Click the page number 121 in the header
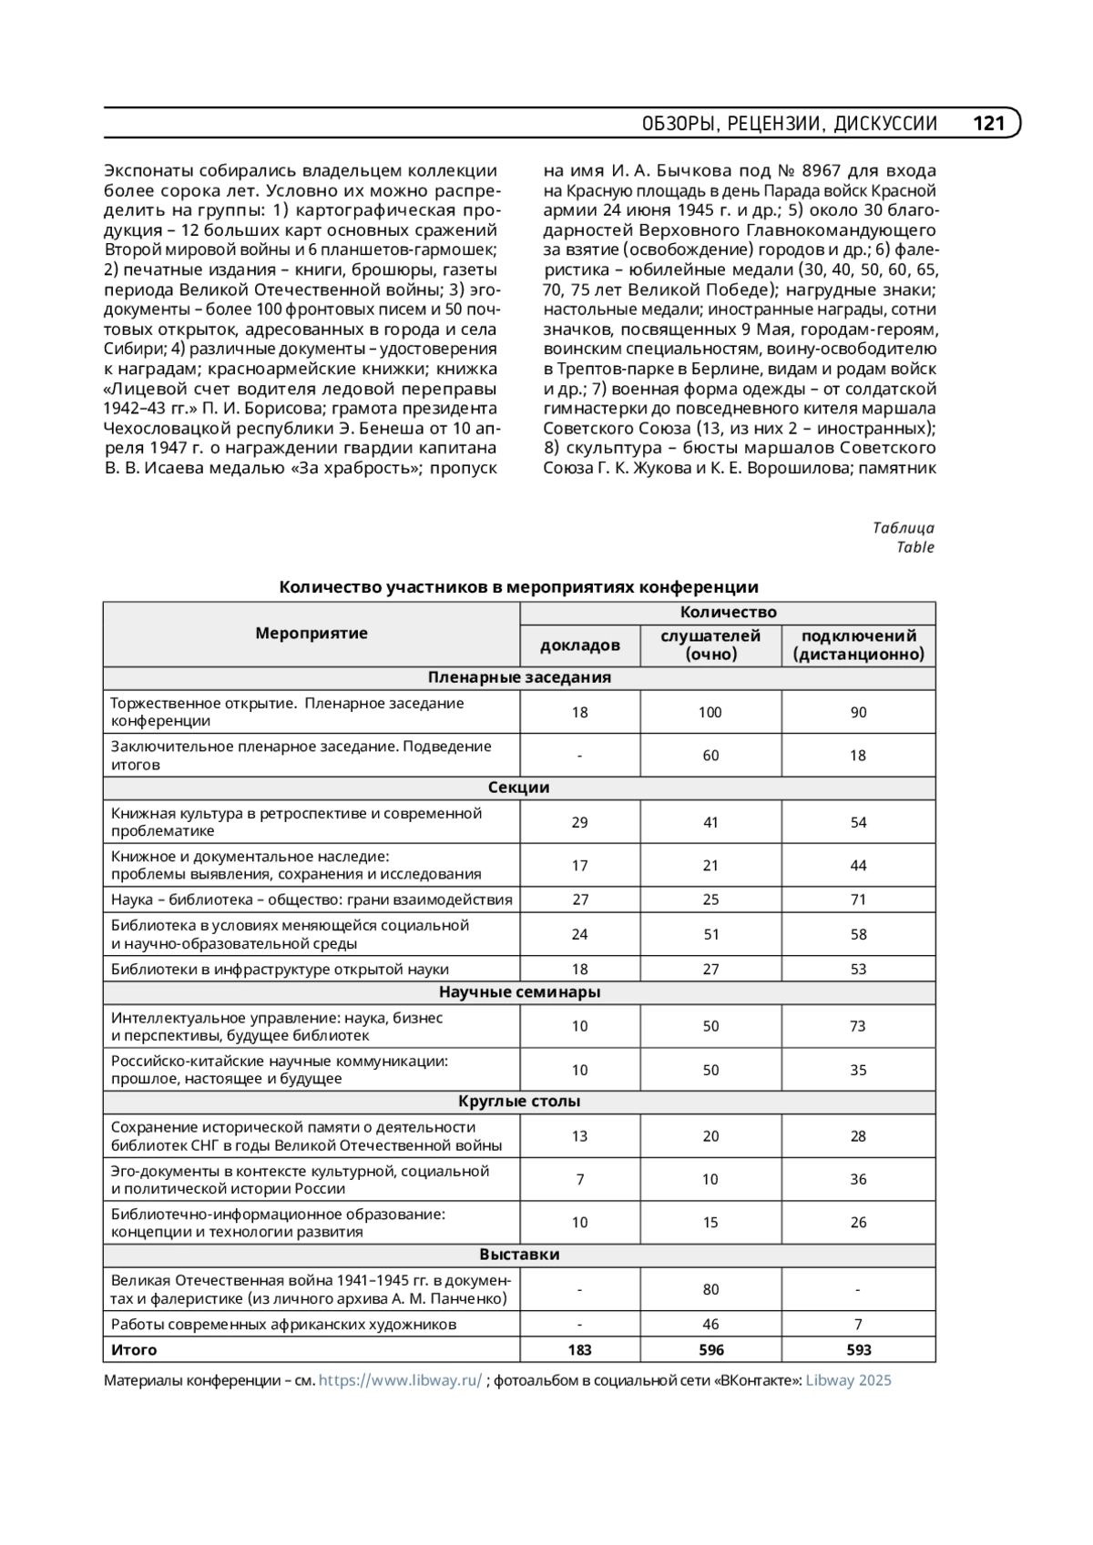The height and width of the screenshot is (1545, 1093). tap(988, 123)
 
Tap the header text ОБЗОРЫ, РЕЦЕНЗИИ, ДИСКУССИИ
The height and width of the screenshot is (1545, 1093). tap(789, 124)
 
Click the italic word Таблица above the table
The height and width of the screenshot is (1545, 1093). tap(903, 528)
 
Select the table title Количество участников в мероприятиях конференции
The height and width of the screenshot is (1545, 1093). tap(518, 587)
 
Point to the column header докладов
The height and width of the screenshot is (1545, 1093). tap(579, 645)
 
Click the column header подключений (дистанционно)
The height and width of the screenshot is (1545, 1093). tap(858, 645)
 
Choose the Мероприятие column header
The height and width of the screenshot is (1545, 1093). tap(312, 634)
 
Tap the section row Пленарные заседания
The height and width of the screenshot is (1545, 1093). tap(519, 678)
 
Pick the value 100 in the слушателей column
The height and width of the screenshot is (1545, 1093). tap(710, 713)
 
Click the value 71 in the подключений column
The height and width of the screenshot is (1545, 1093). tap(858, 900)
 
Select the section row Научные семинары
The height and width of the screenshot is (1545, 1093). tap(519, 992)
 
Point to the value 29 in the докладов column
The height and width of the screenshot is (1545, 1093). tap(579, 823)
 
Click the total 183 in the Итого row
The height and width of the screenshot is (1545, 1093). tap(579, 1350)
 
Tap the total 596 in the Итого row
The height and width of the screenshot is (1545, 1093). tap(710, 1350)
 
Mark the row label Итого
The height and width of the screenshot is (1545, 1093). tap(134, 1350)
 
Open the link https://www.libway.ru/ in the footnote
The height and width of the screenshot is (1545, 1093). tap(400, 1381)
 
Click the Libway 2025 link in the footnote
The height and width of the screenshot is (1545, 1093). tap(848, 1381)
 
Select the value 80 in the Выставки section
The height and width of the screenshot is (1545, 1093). tap(710, 1290)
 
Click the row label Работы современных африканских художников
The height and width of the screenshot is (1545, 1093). tap(283, 1325)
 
